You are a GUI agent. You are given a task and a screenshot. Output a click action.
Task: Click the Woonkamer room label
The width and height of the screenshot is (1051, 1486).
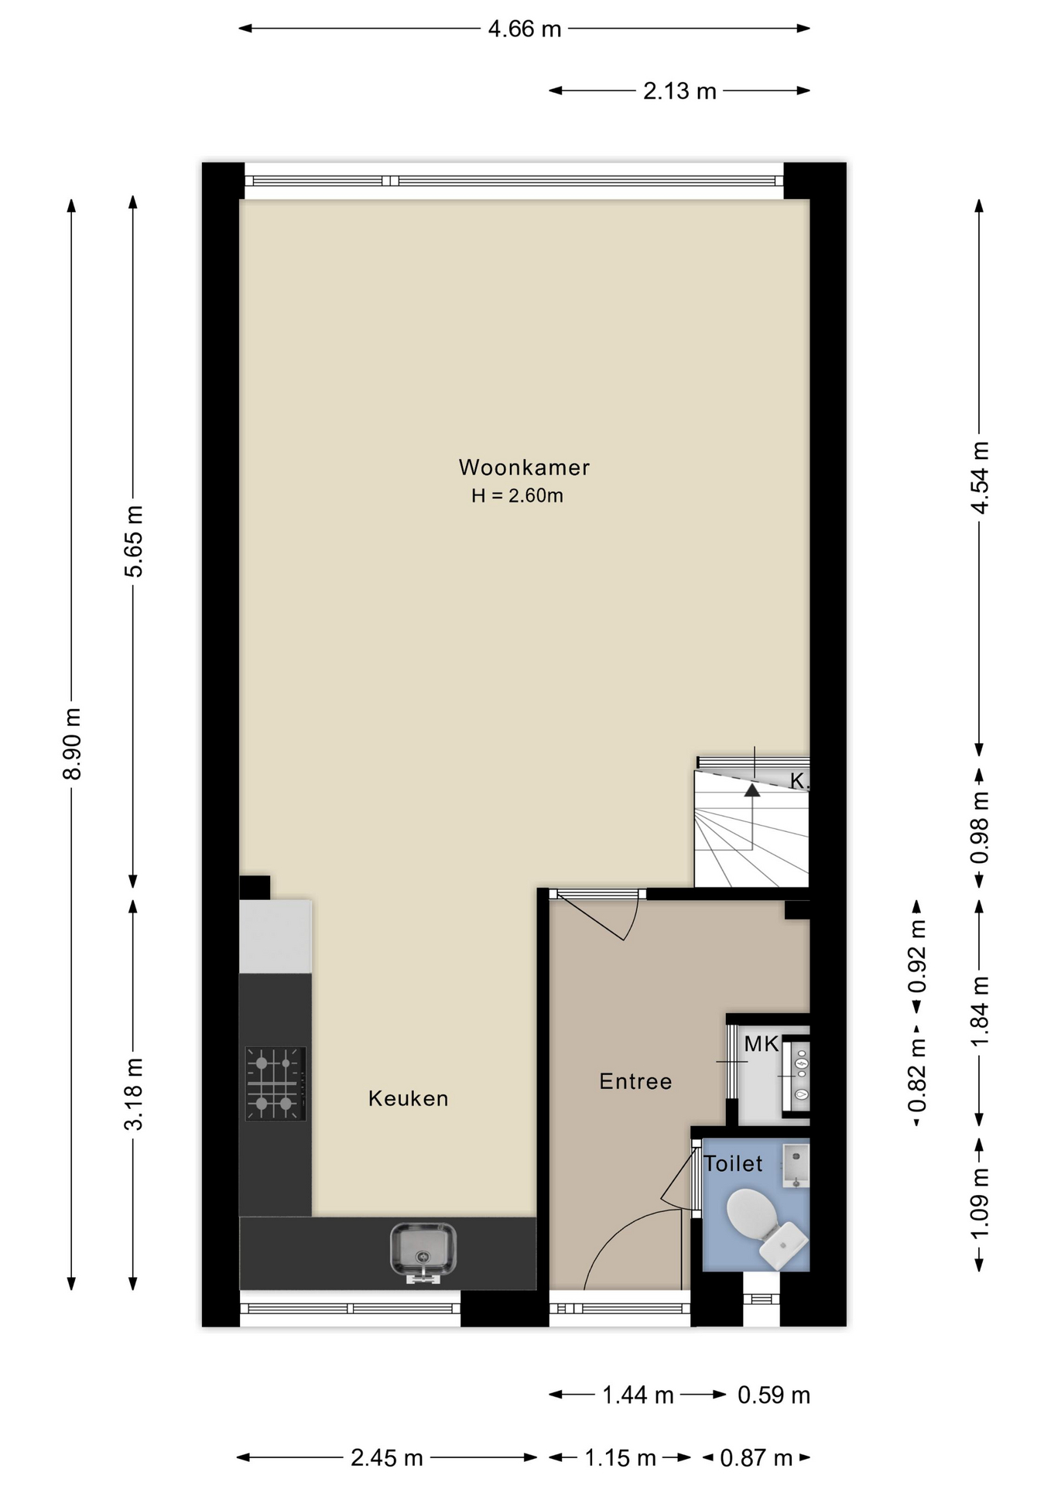[524, 467]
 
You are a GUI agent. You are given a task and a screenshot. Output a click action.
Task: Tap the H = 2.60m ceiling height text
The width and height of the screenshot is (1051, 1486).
[517, 496]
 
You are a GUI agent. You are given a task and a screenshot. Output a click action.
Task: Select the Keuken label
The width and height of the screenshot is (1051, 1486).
[408, 1098]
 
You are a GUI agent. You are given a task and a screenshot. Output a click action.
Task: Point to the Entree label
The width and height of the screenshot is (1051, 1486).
[635, 1081]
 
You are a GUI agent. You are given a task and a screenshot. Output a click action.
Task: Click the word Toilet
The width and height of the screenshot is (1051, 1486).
[733, 1164]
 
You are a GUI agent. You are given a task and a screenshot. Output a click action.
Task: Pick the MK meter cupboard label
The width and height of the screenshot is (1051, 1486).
[761, 1044]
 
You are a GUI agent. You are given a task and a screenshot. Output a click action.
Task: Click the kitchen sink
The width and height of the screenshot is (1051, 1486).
[423, 1252]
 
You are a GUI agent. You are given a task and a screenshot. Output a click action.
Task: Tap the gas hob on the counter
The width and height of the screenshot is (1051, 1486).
[276, 1084]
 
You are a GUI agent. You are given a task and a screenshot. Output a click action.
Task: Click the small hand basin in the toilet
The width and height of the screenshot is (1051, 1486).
[796, 1166]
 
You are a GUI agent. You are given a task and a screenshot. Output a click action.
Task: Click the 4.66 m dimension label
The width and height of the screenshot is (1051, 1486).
[524, 29]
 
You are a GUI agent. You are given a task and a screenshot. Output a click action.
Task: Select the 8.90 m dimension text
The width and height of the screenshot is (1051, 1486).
[72, 744]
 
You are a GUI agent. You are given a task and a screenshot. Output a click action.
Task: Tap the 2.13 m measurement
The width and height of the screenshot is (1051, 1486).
[680, 91]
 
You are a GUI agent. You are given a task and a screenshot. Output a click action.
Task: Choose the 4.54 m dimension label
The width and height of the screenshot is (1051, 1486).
[980, 478]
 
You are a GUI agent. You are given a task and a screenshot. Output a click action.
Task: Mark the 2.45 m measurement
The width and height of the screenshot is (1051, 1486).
[386, 1458]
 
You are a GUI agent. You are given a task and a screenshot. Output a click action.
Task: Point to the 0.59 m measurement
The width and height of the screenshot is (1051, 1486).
[773, 1395]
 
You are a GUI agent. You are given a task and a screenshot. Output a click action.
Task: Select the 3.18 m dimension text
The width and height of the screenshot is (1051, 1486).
[134, 1094]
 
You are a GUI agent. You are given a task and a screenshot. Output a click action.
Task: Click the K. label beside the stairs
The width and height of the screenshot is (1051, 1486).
[799, 782]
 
